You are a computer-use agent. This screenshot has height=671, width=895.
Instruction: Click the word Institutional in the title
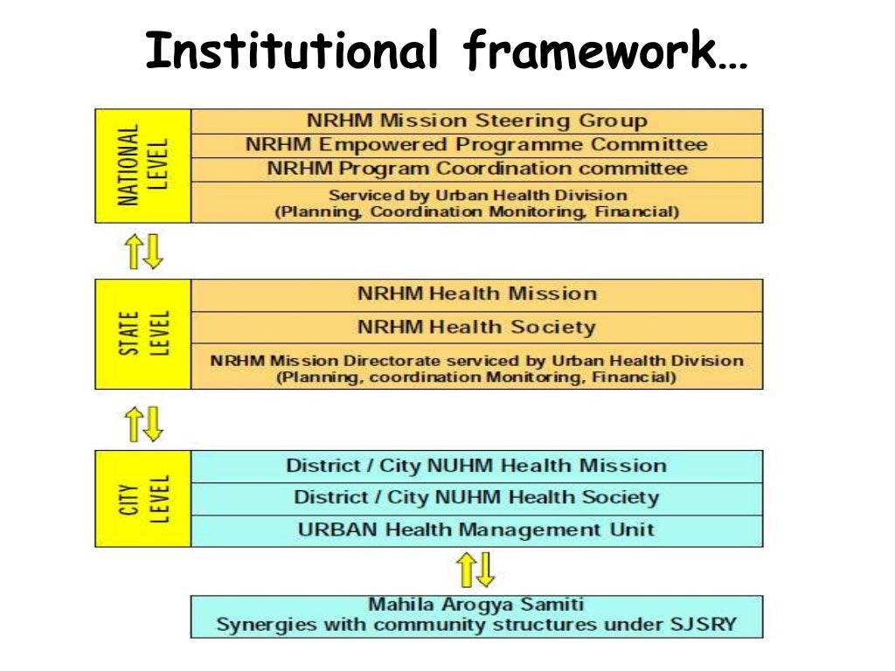[x=292, y=51]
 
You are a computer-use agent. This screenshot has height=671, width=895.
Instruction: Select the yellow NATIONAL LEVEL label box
[x=142, y=165]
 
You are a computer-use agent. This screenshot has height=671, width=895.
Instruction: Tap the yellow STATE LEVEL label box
[x=142, y=334]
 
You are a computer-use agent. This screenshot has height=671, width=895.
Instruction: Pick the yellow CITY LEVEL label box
[x=142, y=498]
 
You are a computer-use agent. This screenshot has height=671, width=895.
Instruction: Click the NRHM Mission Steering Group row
[x=476, y=121]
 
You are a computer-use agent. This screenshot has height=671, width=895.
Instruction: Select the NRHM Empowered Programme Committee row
[x=476, y=145]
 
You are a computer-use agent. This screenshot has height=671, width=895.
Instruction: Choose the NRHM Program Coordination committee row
[x=476, y=169]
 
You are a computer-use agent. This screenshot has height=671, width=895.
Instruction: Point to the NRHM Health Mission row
[x=476, y=294]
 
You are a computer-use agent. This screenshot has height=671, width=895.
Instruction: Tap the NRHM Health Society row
[x=476, y=328]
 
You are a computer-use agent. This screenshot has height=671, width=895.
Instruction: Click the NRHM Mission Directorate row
[x=476, y=368]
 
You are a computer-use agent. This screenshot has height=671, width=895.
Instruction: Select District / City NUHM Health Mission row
[x=476, y=466]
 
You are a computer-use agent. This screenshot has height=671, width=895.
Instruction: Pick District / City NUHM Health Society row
[x=476, y=498]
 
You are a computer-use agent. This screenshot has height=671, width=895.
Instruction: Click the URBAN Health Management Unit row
[x=476, y=529]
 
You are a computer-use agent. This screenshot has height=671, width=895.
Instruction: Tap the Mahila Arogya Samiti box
[x=476, y=616]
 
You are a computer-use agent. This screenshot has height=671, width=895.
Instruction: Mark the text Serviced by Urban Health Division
[x=477, y=195]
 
